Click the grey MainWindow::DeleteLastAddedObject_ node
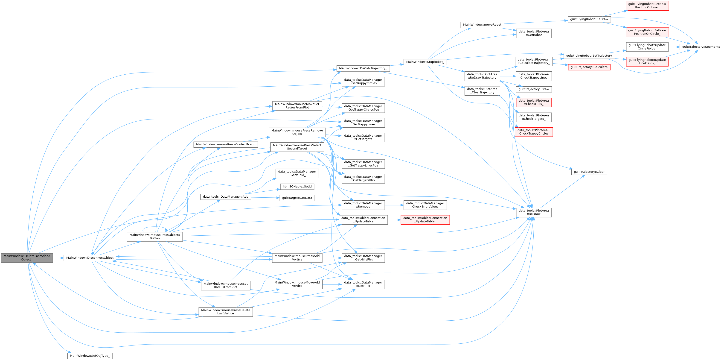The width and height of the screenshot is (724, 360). click(27, 258)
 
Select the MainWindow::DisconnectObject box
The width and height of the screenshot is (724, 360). click(90, 258)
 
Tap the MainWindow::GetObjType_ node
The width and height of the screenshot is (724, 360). click(90, 356)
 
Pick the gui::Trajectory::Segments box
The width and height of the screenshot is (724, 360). click(701, 47)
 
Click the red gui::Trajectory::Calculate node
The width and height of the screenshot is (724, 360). click(589, 67)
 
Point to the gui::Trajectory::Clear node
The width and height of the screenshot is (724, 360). click(589, 172)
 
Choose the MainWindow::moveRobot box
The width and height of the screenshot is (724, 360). click(482, 25)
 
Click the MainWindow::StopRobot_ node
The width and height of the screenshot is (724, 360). click(425, 62)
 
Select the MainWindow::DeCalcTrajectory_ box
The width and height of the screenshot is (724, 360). click(363, 68)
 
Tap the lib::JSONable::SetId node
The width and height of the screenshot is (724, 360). click(297, 187)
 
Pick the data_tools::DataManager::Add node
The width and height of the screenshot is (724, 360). click(226, 197)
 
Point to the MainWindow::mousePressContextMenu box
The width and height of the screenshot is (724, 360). click(226, 144)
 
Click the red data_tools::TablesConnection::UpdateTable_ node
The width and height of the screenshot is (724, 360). click(425, 220)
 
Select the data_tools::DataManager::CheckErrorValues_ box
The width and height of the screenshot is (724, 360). click(425, 205)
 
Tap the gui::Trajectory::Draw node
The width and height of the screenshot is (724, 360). click(533, 89)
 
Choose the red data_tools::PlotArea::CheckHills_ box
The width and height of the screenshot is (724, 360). click(533, 102)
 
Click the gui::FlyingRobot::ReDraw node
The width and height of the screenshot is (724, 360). click(589, 19)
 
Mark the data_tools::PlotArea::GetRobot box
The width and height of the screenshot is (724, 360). click(533, 33)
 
